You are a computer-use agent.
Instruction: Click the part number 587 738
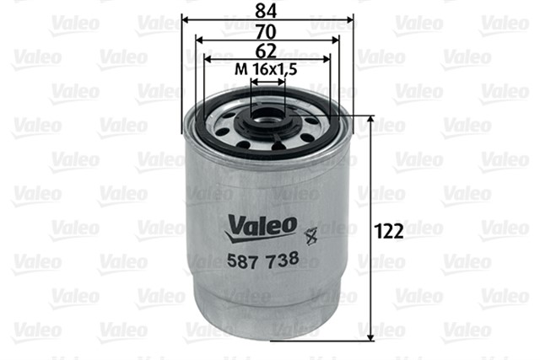[263, 261]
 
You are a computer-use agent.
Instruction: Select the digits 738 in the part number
[283, 261]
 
